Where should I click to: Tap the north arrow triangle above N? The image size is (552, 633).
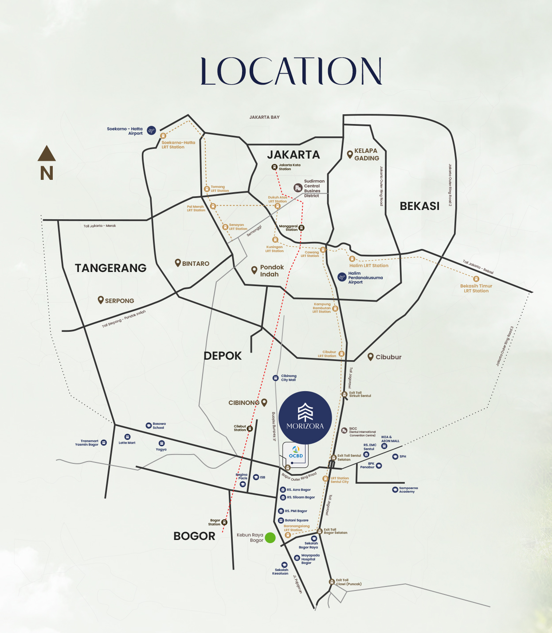tap(47, 154)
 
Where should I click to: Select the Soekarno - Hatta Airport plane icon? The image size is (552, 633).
tap(151, 130)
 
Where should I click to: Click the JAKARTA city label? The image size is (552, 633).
tap(293, 155)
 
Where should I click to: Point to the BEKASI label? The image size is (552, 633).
tap(419, 206)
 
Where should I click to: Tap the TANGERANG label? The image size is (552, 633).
tap(110, 268)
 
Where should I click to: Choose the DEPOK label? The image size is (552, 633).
tap(223, 356)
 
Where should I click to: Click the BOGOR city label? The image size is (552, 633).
tap(194, 536)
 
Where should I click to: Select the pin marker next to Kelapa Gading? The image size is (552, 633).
tap(350, 154)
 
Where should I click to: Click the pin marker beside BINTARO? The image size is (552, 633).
tap(178, 263)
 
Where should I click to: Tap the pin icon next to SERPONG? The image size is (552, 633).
tap(101, 300)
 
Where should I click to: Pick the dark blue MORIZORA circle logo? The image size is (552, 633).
tap(305, 418)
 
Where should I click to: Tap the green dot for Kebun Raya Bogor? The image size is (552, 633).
tap(270, 538)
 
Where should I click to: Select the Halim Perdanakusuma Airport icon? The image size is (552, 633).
tap(341, 277)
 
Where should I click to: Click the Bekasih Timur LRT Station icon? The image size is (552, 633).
tap(476, 279)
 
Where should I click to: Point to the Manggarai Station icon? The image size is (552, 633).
tap(301, 228)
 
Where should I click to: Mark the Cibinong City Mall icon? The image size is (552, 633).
tap(275, 378)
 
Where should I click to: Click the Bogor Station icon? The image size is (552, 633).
tap(224, 522)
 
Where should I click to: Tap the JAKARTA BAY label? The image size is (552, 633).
tap(264, 117)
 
